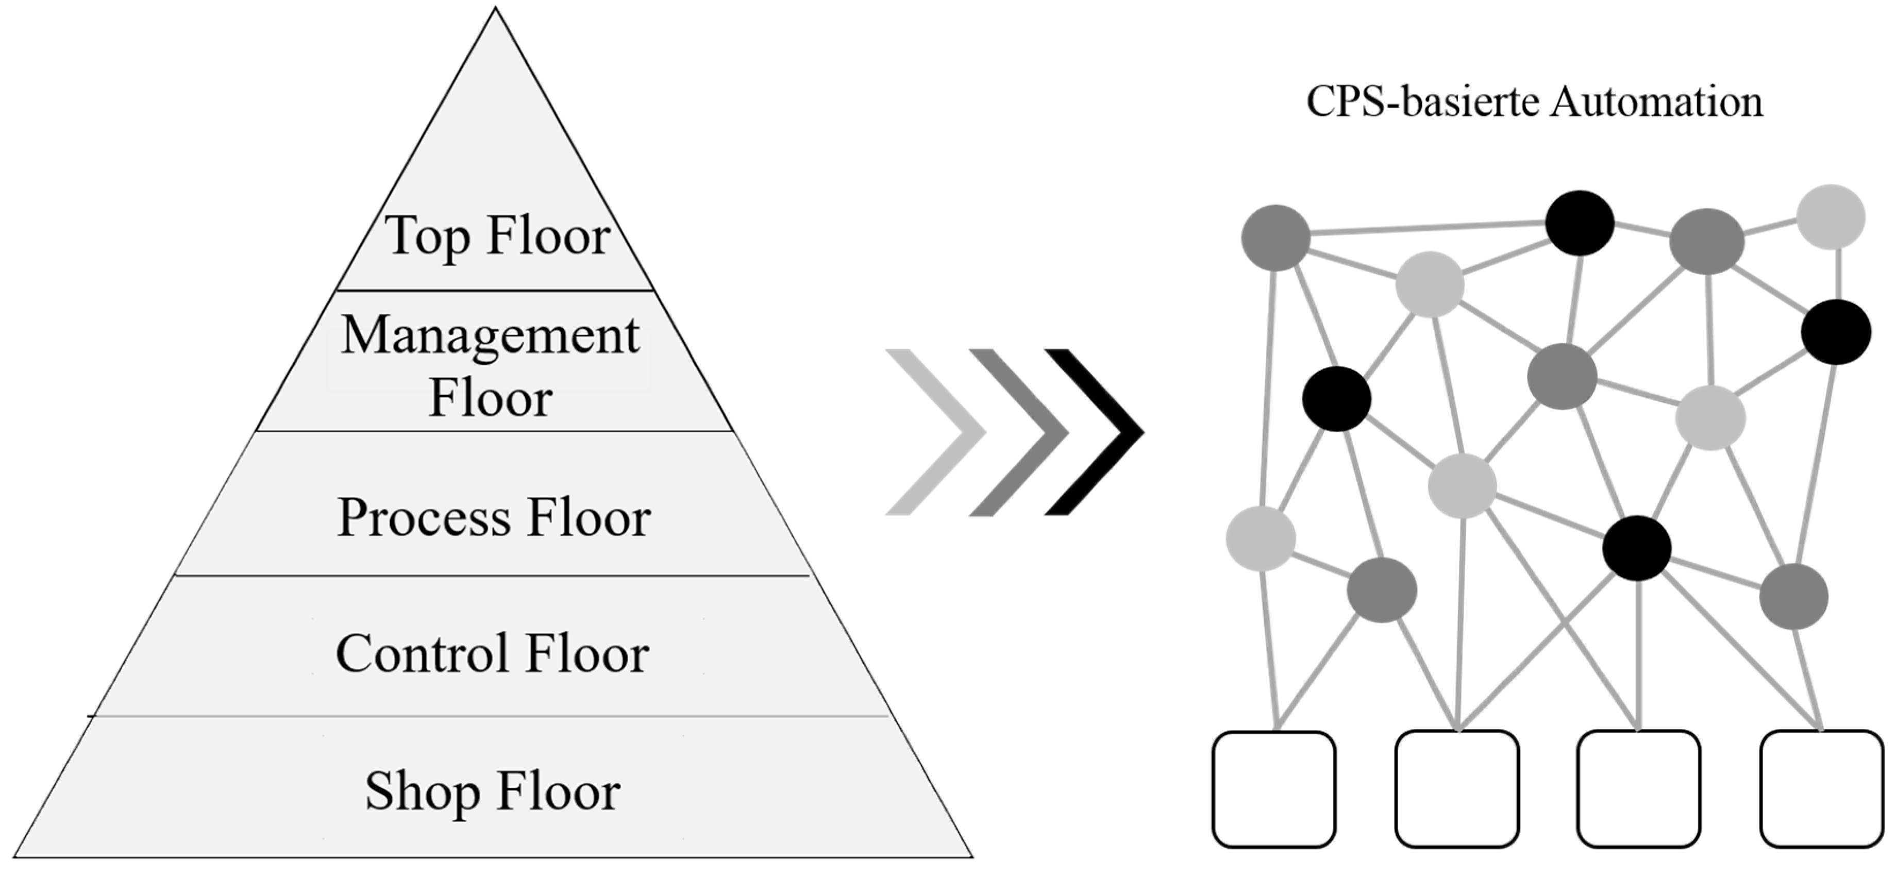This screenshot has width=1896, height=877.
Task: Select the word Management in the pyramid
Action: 490,335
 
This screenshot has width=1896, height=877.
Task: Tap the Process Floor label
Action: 494,517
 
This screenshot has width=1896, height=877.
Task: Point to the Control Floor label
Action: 492,653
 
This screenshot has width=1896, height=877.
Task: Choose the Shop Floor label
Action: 492,791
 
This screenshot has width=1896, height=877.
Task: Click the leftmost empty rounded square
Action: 1274,789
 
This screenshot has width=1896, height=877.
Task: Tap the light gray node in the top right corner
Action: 1831,216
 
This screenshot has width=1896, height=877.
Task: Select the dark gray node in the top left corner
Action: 1276,238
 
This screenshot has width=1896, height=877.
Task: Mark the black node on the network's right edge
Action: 1836,332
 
